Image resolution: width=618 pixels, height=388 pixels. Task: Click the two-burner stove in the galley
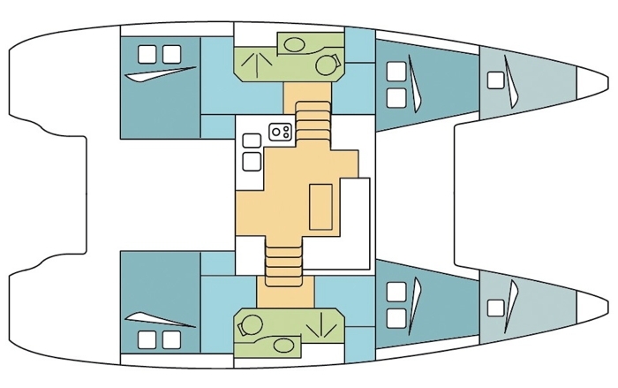(x=282, y=132)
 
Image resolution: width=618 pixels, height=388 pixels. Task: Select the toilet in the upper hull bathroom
(x=332, y=63)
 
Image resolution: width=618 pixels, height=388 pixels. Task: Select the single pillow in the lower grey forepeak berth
(x=495, y=307)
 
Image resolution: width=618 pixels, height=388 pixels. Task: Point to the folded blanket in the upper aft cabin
(x=162, y=74)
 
